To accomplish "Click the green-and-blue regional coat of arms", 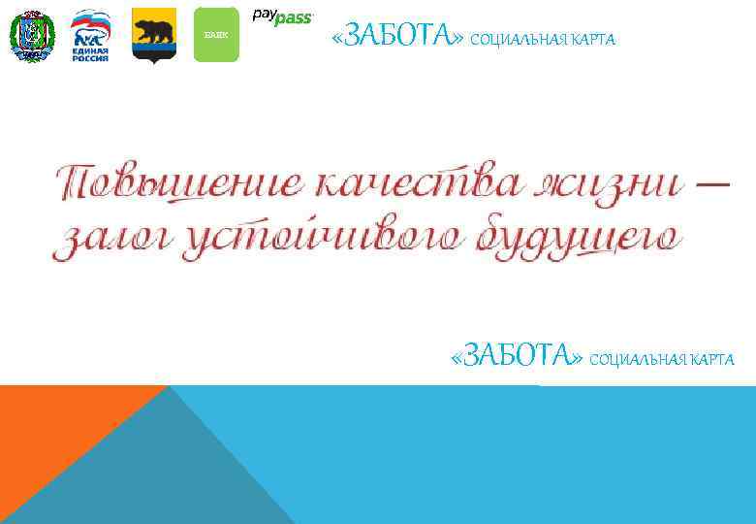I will point(32,36).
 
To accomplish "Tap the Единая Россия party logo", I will point(90,36).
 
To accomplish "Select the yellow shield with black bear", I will point(153,35).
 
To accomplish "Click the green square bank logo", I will point(215,35).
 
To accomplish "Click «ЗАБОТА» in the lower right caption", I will point(517,358).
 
